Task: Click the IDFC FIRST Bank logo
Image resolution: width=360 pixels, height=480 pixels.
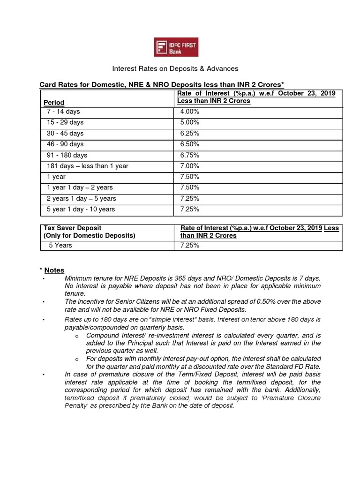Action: (x=177, y=47)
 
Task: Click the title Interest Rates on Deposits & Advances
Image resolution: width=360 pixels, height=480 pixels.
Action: (x=175, y=68)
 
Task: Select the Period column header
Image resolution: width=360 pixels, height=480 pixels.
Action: (x=54, y=102)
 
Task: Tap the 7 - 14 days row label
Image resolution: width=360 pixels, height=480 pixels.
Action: (x=63, y=112)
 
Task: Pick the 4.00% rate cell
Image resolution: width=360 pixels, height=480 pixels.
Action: (x=190, y=112)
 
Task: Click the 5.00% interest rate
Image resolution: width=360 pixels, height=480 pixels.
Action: (x=190, y=122)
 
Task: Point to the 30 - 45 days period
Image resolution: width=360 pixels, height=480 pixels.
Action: (x=65, y=134)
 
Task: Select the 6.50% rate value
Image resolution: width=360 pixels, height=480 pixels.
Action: (x=190, y=144)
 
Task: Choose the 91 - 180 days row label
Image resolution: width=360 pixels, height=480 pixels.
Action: (x=67, y=155)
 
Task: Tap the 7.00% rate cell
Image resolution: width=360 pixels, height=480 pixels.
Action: (x=190, y=166)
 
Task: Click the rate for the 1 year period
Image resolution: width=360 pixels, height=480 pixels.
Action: (x=190, y=177)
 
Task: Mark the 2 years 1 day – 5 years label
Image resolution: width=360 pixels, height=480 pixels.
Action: (x=82, y=198)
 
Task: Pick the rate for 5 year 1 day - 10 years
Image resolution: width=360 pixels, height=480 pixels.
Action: (x=190, y=209)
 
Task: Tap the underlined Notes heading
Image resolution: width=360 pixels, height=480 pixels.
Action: (x=54, y=270)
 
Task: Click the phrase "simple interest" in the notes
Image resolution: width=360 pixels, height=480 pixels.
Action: (x=184, y=319)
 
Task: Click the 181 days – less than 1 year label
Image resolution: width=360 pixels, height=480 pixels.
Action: (x=88, y=166)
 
